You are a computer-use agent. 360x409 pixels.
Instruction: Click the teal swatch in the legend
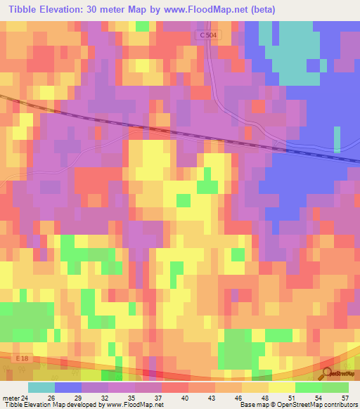(x=41, y=387)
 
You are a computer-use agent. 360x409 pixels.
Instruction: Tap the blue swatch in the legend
(x=67, y=387)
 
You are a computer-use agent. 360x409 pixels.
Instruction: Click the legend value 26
(x=52, y=397)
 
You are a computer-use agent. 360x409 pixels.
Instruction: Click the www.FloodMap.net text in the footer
(x=133, y=405)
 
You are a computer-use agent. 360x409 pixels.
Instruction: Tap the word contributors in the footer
(x=337, y=405)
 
